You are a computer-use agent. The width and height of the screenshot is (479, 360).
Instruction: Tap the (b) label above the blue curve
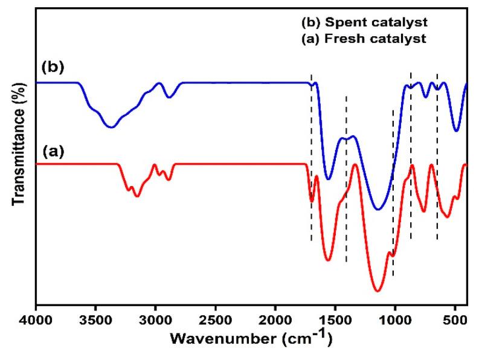[52, 65]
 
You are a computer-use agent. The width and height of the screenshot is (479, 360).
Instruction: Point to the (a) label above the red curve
[52, 152]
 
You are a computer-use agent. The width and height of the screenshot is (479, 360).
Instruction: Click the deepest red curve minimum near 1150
[378, 291]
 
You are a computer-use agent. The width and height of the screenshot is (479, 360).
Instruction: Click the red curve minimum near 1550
[328, 260]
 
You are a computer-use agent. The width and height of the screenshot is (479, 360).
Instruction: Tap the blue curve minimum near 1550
[328, 179]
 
